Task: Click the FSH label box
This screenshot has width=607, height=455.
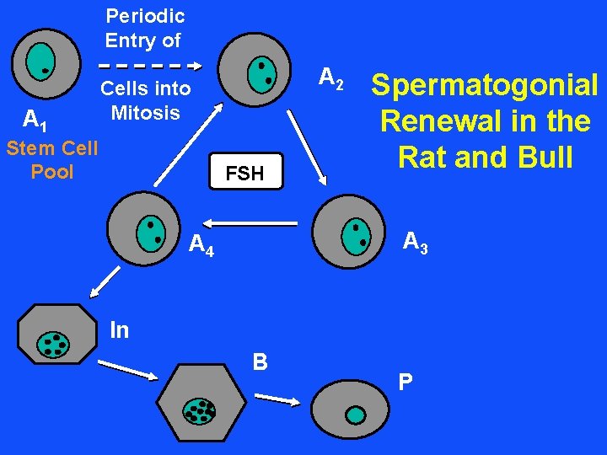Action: [244, 174]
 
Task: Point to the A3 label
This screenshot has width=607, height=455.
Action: [415, 243]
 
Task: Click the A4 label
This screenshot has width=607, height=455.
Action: [201, 245]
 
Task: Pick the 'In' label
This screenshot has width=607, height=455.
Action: [120, 330]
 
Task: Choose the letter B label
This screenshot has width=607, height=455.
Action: [261, 362]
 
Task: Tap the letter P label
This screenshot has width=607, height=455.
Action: [406, 383]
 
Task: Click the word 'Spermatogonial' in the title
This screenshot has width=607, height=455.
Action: [485, 85]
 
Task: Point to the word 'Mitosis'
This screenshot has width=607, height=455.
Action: [145, 113]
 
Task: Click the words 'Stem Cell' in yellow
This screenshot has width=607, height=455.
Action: [52, 149]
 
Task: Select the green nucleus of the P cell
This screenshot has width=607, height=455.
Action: [357, 415]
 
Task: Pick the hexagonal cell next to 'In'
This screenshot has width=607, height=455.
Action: [57, 341]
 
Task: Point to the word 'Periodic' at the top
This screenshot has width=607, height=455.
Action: [145, 16]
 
